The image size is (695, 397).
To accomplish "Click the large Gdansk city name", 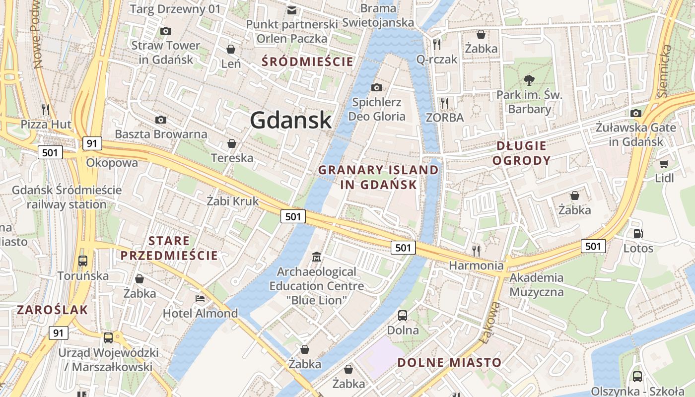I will [290, 120].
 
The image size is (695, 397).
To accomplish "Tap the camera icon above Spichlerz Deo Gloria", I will [377, 87].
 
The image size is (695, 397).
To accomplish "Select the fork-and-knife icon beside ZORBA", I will [445, 103].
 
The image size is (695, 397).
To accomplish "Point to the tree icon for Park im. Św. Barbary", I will [529, 80].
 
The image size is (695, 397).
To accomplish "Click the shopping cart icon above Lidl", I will [664, 163].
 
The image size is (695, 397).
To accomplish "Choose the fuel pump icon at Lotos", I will [638, 233].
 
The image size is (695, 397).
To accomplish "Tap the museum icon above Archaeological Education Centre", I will [317, 257].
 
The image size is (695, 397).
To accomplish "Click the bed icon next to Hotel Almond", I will [200, 299].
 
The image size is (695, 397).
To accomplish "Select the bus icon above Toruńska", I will [83, 261].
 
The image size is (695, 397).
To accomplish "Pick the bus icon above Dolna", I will [403, 315].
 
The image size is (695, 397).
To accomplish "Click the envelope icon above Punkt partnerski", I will [292, 10].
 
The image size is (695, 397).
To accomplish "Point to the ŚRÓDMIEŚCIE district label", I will [308, 62].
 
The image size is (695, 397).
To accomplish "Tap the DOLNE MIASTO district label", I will [449, 362].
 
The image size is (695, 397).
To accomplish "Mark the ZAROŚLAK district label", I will [52, 310].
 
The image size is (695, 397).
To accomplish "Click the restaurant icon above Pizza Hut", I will [46, 109].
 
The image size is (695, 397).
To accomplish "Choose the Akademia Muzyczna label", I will [537, 284].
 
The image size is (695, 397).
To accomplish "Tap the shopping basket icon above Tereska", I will [231, 144].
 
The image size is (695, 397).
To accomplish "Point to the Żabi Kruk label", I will [233, 201].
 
